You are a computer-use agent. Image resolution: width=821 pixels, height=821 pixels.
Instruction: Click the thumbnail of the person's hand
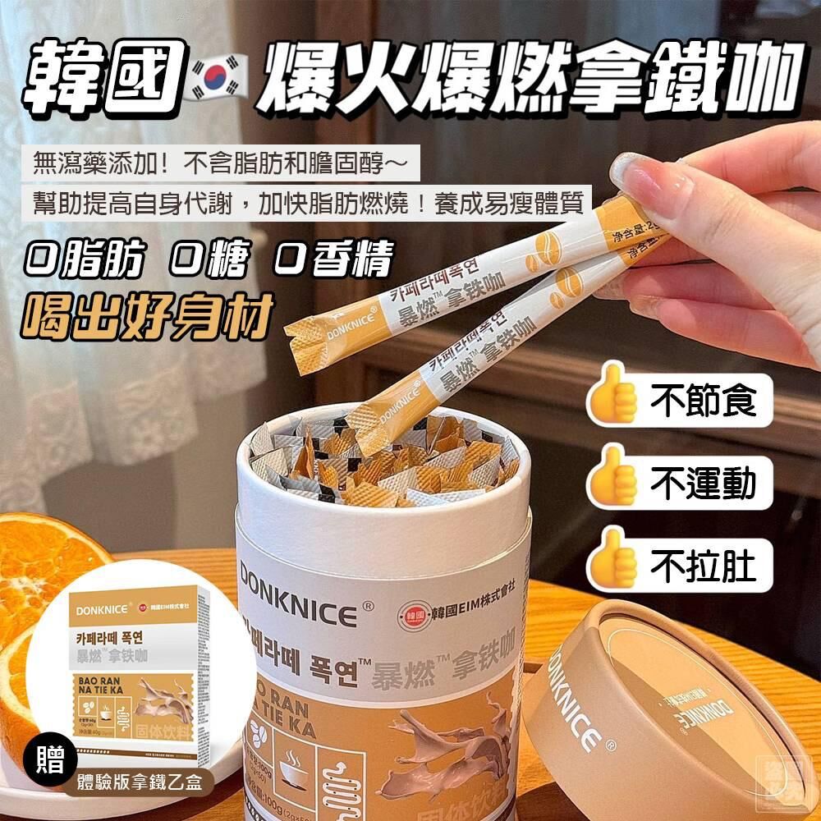(722, 246)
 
